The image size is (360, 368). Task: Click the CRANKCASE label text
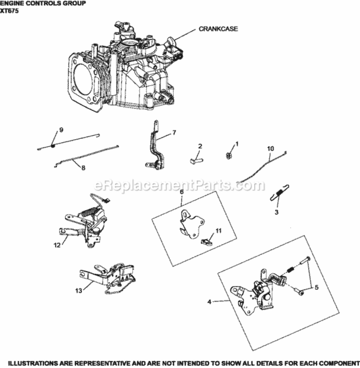(218, 29)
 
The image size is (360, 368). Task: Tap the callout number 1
(236, 144)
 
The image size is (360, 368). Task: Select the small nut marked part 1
(228, 156)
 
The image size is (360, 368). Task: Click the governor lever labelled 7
(157, 147)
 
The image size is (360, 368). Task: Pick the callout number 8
(83, 168)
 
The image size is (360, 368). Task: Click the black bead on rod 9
(53, 145)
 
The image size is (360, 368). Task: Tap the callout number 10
(270, 148)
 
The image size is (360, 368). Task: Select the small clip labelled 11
(207, 240)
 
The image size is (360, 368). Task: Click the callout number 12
(57, 244)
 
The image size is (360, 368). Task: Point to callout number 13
(79, 291)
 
